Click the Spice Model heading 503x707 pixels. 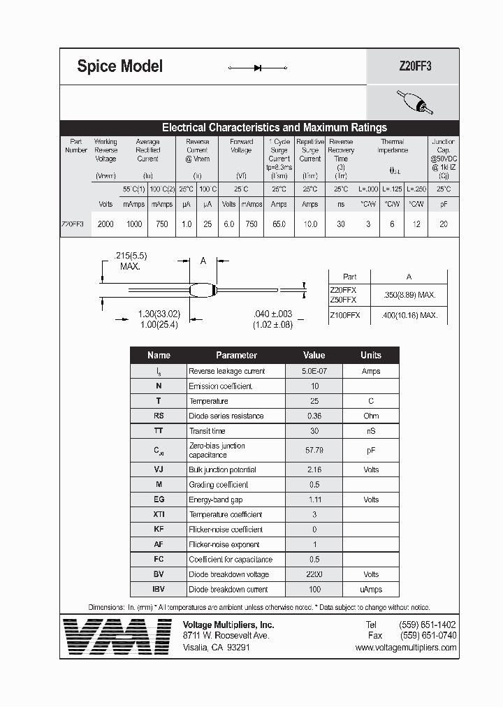[119, 66]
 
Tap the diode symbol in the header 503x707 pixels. [258, 68]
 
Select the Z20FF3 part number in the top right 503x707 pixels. [415, 67]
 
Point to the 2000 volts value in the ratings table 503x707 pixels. [105, 224]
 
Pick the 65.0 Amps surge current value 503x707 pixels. [279, 224]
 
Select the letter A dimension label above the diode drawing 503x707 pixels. [203, 261]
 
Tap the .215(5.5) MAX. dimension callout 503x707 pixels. [129, 261]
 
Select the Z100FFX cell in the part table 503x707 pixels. [344, 315]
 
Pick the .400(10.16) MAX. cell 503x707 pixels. [410, 315]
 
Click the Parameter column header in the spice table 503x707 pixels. [236, 355]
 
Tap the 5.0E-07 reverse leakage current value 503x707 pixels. [314, 371]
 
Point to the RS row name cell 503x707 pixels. [159, 416]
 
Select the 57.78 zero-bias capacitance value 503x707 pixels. [314, 451]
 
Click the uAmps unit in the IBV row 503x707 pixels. [370, 589]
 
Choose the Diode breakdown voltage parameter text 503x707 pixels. [228, 574]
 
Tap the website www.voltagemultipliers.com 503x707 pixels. [405, 648]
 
